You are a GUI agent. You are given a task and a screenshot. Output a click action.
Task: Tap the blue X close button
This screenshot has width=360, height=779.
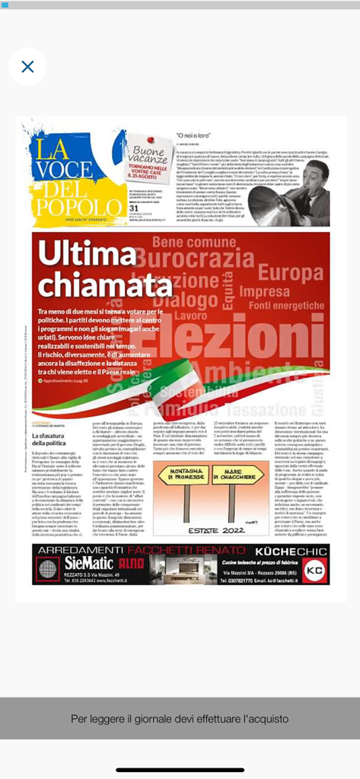point(27,67)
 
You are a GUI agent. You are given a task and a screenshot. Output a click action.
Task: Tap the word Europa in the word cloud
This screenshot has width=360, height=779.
point(290,272)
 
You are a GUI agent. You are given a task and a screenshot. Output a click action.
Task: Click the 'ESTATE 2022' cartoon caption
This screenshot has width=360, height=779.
point(206,533)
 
